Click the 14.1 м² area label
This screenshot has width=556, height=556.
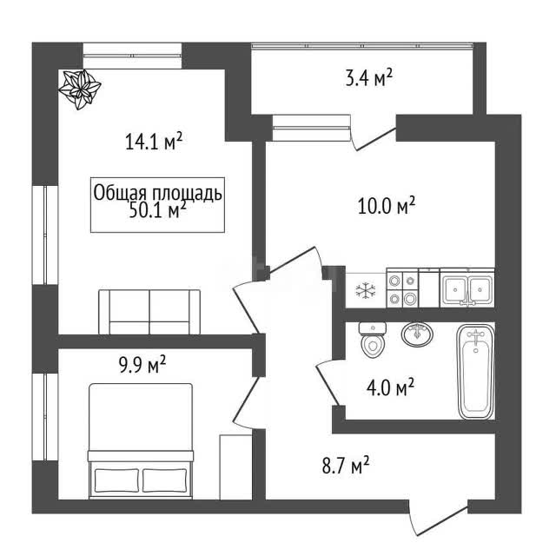[154, 141]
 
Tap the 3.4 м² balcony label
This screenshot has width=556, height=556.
[368, 78]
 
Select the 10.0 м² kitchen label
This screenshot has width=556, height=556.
[387, 206]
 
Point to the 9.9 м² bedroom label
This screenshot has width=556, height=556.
[142, 365]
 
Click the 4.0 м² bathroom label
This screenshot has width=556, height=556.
[390, 387]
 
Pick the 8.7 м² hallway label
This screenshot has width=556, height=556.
[346, 466]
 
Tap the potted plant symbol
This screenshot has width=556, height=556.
[80, 89]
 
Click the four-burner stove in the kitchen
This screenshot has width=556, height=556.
[402, 288]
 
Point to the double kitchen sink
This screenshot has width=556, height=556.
[467, 288]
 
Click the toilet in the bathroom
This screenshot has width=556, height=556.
[372, 340]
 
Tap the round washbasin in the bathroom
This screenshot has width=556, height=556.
[417, 334]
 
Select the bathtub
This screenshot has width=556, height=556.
[475, 371]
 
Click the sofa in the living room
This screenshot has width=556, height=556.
[149, 312]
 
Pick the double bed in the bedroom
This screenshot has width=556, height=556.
[141, 440]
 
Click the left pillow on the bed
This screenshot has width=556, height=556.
[116, 480]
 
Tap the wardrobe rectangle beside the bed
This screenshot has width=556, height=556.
[235, 467]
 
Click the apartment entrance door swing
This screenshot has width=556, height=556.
[438, 519]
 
